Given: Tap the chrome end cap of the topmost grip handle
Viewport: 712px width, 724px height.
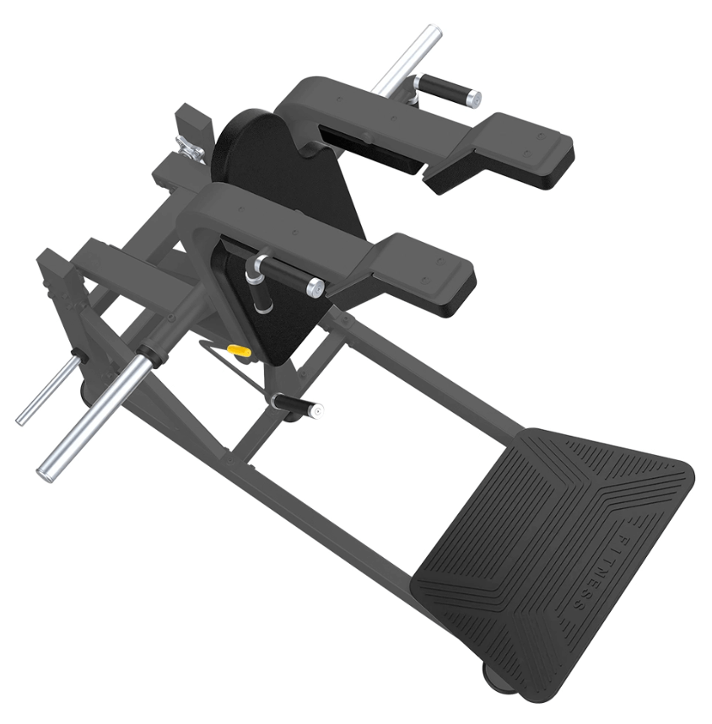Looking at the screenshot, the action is tap(473, 98).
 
